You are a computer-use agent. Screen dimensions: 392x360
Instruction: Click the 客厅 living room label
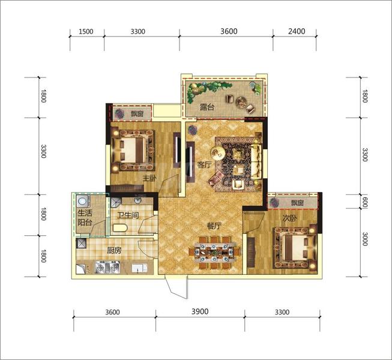(204, 165)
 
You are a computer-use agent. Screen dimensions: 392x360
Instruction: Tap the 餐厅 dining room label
(214, 226)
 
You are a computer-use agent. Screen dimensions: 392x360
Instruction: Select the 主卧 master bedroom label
(149, 178)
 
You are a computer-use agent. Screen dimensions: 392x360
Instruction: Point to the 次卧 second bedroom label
(290, 218)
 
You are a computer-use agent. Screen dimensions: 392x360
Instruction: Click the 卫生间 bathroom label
(128, 215)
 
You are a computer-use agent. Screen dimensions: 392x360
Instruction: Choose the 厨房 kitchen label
(114, 250)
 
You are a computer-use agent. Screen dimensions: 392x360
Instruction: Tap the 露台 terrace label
(207, 107)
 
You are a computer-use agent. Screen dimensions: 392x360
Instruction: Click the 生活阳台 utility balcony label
(85, 218)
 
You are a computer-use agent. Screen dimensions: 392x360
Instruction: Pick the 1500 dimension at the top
(86, 31)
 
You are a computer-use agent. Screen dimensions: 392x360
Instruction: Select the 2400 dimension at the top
(297, 31)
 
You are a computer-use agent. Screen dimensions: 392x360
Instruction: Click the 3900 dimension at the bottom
(200, 311)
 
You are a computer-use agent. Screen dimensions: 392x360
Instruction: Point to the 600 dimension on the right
(365, 202)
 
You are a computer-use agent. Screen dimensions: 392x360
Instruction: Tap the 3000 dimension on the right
(365, 239)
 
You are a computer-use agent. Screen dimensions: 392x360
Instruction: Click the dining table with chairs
(214, 253)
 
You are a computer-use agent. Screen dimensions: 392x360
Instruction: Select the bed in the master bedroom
(133, 150)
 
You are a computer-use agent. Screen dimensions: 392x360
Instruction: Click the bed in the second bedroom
(295, 247)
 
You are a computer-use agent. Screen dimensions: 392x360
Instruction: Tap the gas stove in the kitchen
(107, 266)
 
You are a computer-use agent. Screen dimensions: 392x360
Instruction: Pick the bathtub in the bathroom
(120, 228)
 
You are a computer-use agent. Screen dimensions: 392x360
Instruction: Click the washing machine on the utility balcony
(82, 201)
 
